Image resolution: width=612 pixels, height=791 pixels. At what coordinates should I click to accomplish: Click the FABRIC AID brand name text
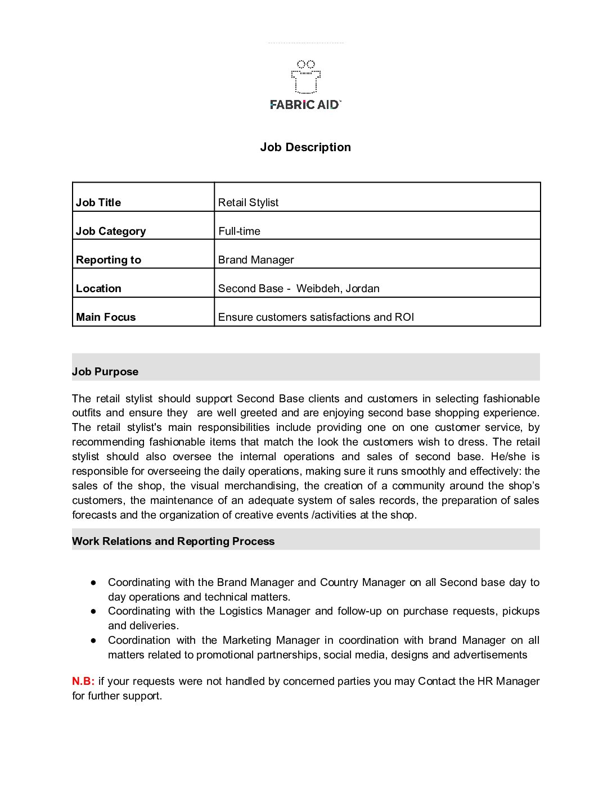pyautogui.click(x=305, y=104)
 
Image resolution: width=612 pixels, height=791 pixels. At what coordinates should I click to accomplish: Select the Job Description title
pyautogui.click(x=305, y=147)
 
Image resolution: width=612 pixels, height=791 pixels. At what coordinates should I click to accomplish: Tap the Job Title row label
pyautogui.click(x=98, y=202)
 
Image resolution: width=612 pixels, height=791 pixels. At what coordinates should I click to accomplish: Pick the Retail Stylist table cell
pyautogui.click(x=248, y=202)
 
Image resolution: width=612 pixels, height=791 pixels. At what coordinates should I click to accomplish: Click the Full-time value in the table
pyautogui.click(x=239, y=231)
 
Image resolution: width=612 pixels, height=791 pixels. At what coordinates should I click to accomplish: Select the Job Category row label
pyautogui.click(x=111, y=231)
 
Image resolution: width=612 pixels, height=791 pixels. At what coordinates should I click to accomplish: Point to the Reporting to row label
pyautogui.click(x=109, y=260)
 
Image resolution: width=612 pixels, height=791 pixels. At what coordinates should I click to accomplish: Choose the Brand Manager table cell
pyautogui.click(x=256, y=260)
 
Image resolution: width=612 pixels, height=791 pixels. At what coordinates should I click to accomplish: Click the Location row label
pyautogui.click(x=98, y=288)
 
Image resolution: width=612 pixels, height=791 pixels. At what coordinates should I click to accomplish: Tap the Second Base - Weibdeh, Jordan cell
pyautogui.click(x=299, y=288)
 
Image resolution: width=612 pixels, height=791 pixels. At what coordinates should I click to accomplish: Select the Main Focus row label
pyautogui.click(x=106, y=317)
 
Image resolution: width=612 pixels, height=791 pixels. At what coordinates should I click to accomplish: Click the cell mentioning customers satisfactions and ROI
pyautogui.click(x=316, y=317)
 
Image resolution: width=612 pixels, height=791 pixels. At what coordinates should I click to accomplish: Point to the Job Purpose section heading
pyautogui.click(x=105, y=371)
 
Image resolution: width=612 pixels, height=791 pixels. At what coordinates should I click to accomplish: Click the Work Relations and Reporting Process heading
pyautogui.click(x=173, y=541)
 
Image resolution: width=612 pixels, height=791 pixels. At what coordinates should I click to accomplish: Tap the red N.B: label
pyautogui.click(x=83, y=681)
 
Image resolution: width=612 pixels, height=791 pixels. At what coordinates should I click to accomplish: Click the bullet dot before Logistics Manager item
pyautogui.click(x=93, y=611)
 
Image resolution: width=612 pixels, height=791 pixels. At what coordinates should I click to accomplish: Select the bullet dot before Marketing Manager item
pyautogui.click(x=93, y=640)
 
